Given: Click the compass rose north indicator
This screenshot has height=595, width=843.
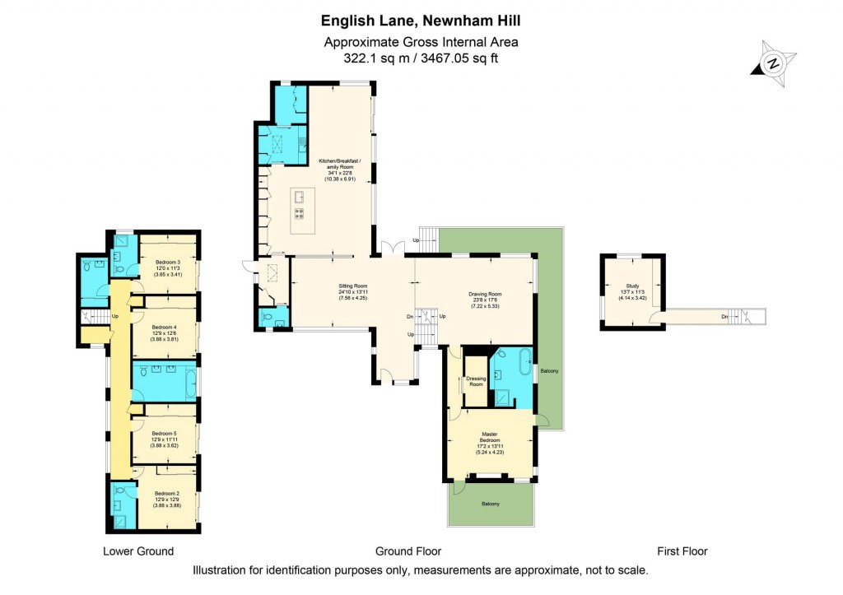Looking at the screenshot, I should point(773,63).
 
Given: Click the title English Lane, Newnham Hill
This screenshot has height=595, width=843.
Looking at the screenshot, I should point(421,20).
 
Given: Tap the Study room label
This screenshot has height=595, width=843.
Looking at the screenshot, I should point(632,286).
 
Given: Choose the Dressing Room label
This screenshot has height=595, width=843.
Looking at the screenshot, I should point(475,381).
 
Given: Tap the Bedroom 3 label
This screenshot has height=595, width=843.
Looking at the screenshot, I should point(168,262).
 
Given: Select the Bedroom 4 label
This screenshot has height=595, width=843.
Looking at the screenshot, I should point(164,326).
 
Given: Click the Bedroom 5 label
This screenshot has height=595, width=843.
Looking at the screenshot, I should point(164,433).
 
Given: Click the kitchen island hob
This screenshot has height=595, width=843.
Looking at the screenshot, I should point(299,213).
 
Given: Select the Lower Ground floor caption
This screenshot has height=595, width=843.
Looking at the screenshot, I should point(138,551).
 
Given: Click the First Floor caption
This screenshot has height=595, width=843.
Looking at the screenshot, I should point(682,551).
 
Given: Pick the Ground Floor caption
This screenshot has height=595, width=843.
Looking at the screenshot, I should point(408,551).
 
